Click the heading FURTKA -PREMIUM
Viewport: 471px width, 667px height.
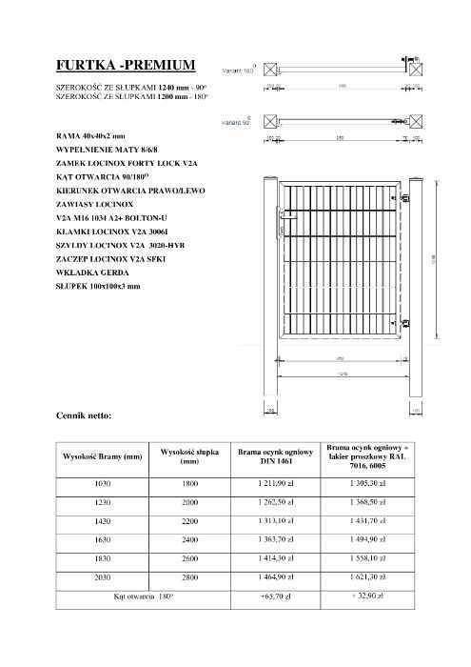coord(127,66)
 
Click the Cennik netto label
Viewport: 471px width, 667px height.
coord(85,415)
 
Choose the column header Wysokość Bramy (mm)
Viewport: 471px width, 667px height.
coord(102,456)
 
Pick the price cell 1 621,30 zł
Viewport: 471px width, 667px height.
coord(366,577)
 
